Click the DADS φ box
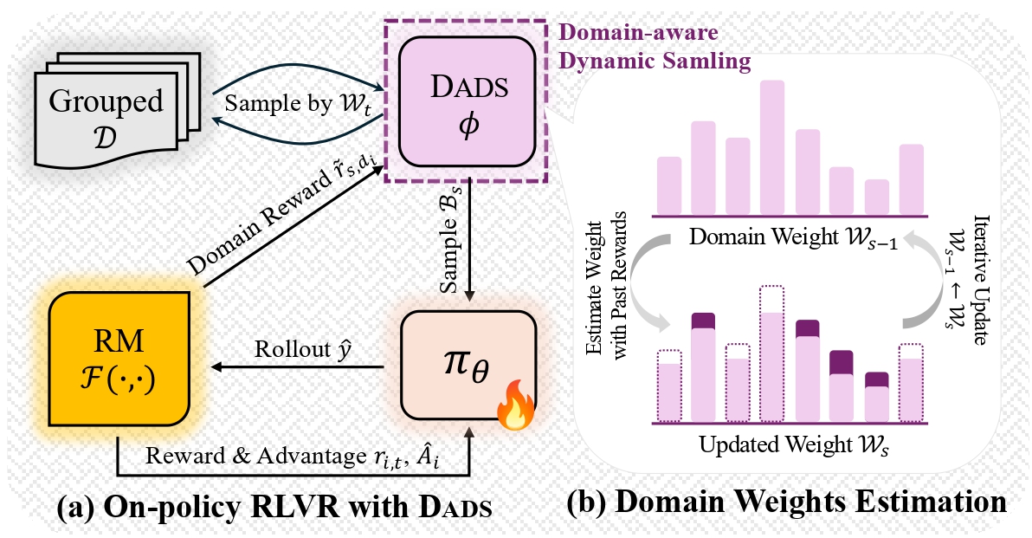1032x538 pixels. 468,102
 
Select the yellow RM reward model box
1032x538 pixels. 119,359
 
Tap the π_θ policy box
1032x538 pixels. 468,365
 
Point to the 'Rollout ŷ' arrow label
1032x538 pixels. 303,350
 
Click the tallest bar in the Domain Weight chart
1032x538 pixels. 772,147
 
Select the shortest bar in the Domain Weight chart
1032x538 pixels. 877,197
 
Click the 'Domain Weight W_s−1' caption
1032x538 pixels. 793,237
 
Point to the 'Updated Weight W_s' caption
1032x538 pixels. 795,446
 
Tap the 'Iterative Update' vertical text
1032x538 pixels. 981,280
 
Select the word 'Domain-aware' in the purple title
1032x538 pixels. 638,32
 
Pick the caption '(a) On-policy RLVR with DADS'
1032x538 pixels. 274,508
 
